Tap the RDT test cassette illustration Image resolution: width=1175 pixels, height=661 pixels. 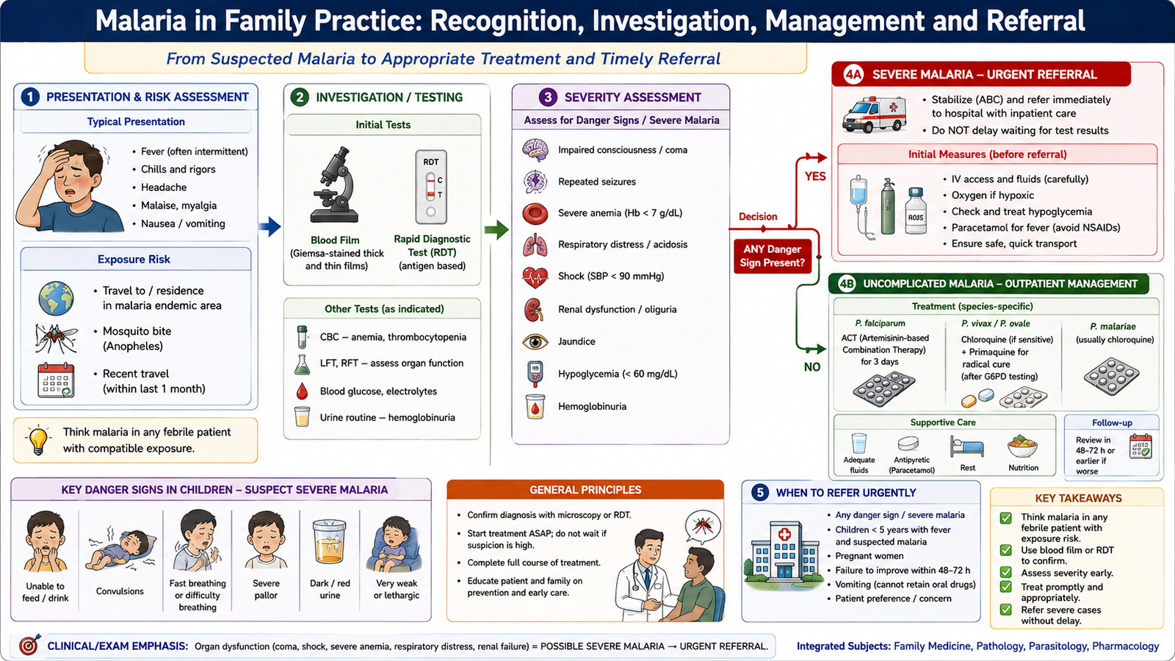430,187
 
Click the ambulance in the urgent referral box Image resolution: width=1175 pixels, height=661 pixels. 875,114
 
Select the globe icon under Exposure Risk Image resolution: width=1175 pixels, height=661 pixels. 56,298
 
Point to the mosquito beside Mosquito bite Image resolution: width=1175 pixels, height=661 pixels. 56,337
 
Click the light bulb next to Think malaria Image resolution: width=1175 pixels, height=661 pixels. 38,440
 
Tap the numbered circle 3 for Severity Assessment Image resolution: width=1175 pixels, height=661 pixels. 548,97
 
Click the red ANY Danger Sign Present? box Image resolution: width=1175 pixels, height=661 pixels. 772,256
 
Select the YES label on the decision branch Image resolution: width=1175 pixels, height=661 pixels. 815,176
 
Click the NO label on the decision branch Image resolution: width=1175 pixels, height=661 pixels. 812,367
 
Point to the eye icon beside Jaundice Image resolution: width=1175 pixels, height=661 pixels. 535,342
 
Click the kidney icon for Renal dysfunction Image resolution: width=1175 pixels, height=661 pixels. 534,309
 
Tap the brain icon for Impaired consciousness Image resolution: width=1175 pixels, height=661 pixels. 535,150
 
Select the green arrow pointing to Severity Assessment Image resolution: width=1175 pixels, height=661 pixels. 496,229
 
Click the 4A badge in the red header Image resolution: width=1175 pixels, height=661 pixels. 853,74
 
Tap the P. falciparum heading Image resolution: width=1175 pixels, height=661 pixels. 880,323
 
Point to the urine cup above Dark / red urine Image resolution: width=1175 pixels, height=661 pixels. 330,541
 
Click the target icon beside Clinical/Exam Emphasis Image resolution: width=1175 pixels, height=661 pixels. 29,646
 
